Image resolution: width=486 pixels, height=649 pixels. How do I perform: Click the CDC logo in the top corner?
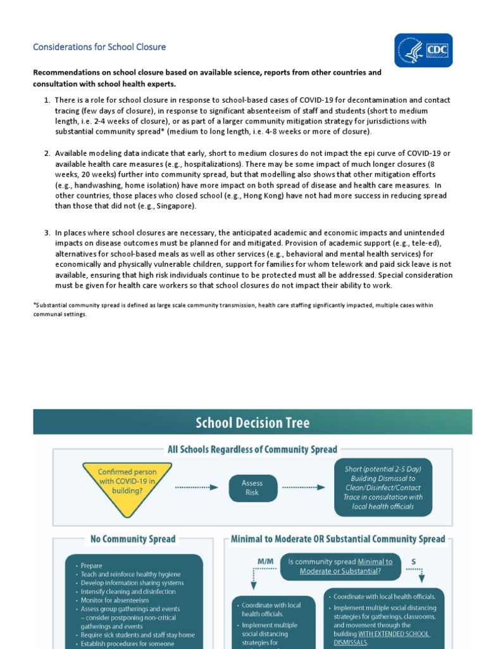[x=423, y=50]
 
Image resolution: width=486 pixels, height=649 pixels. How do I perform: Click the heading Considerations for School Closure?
[x=99, y=47]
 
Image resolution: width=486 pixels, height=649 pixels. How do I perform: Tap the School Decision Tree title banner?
[x=252, y=422]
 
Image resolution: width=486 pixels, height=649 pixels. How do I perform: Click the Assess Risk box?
[x=252, y=487]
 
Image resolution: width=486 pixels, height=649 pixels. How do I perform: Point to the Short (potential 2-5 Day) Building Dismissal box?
[x=383, y=487]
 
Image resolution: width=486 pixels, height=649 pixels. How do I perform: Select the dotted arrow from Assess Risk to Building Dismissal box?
[x=303, y=487]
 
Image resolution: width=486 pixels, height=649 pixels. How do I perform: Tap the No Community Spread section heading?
[x=133, y=539]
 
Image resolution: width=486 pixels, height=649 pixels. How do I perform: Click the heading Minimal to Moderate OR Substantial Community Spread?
[x=338, y=539]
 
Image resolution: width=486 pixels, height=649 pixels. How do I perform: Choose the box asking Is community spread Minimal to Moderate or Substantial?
[x=340, y=566]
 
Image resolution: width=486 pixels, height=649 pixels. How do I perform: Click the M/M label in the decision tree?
[x=265, y=561]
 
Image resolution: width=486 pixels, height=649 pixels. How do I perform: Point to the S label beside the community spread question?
[x=414, y=561]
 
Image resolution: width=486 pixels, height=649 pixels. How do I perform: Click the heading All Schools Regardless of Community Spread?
[x=252, y=449]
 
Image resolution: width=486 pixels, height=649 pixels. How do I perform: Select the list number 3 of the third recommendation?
[x=47, y=233]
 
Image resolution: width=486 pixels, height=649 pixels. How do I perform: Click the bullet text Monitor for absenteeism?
[x=115, y=600]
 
